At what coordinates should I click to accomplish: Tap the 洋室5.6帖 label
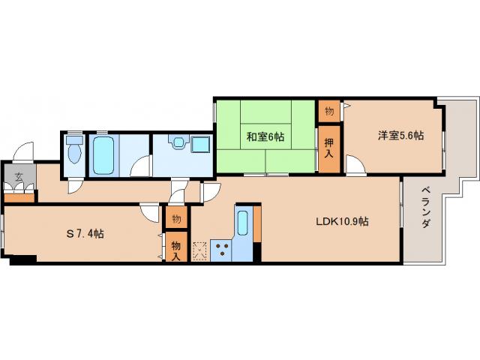400,136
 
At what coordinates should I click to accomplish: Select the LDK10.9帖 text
340,221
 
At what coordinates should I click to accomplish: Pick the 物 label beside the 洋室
328,110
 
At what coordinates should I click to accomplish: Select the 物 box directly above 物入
175,219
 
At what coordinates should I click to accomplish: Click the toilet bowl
73,154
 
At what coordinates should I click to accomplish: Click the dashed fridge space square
199,250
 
